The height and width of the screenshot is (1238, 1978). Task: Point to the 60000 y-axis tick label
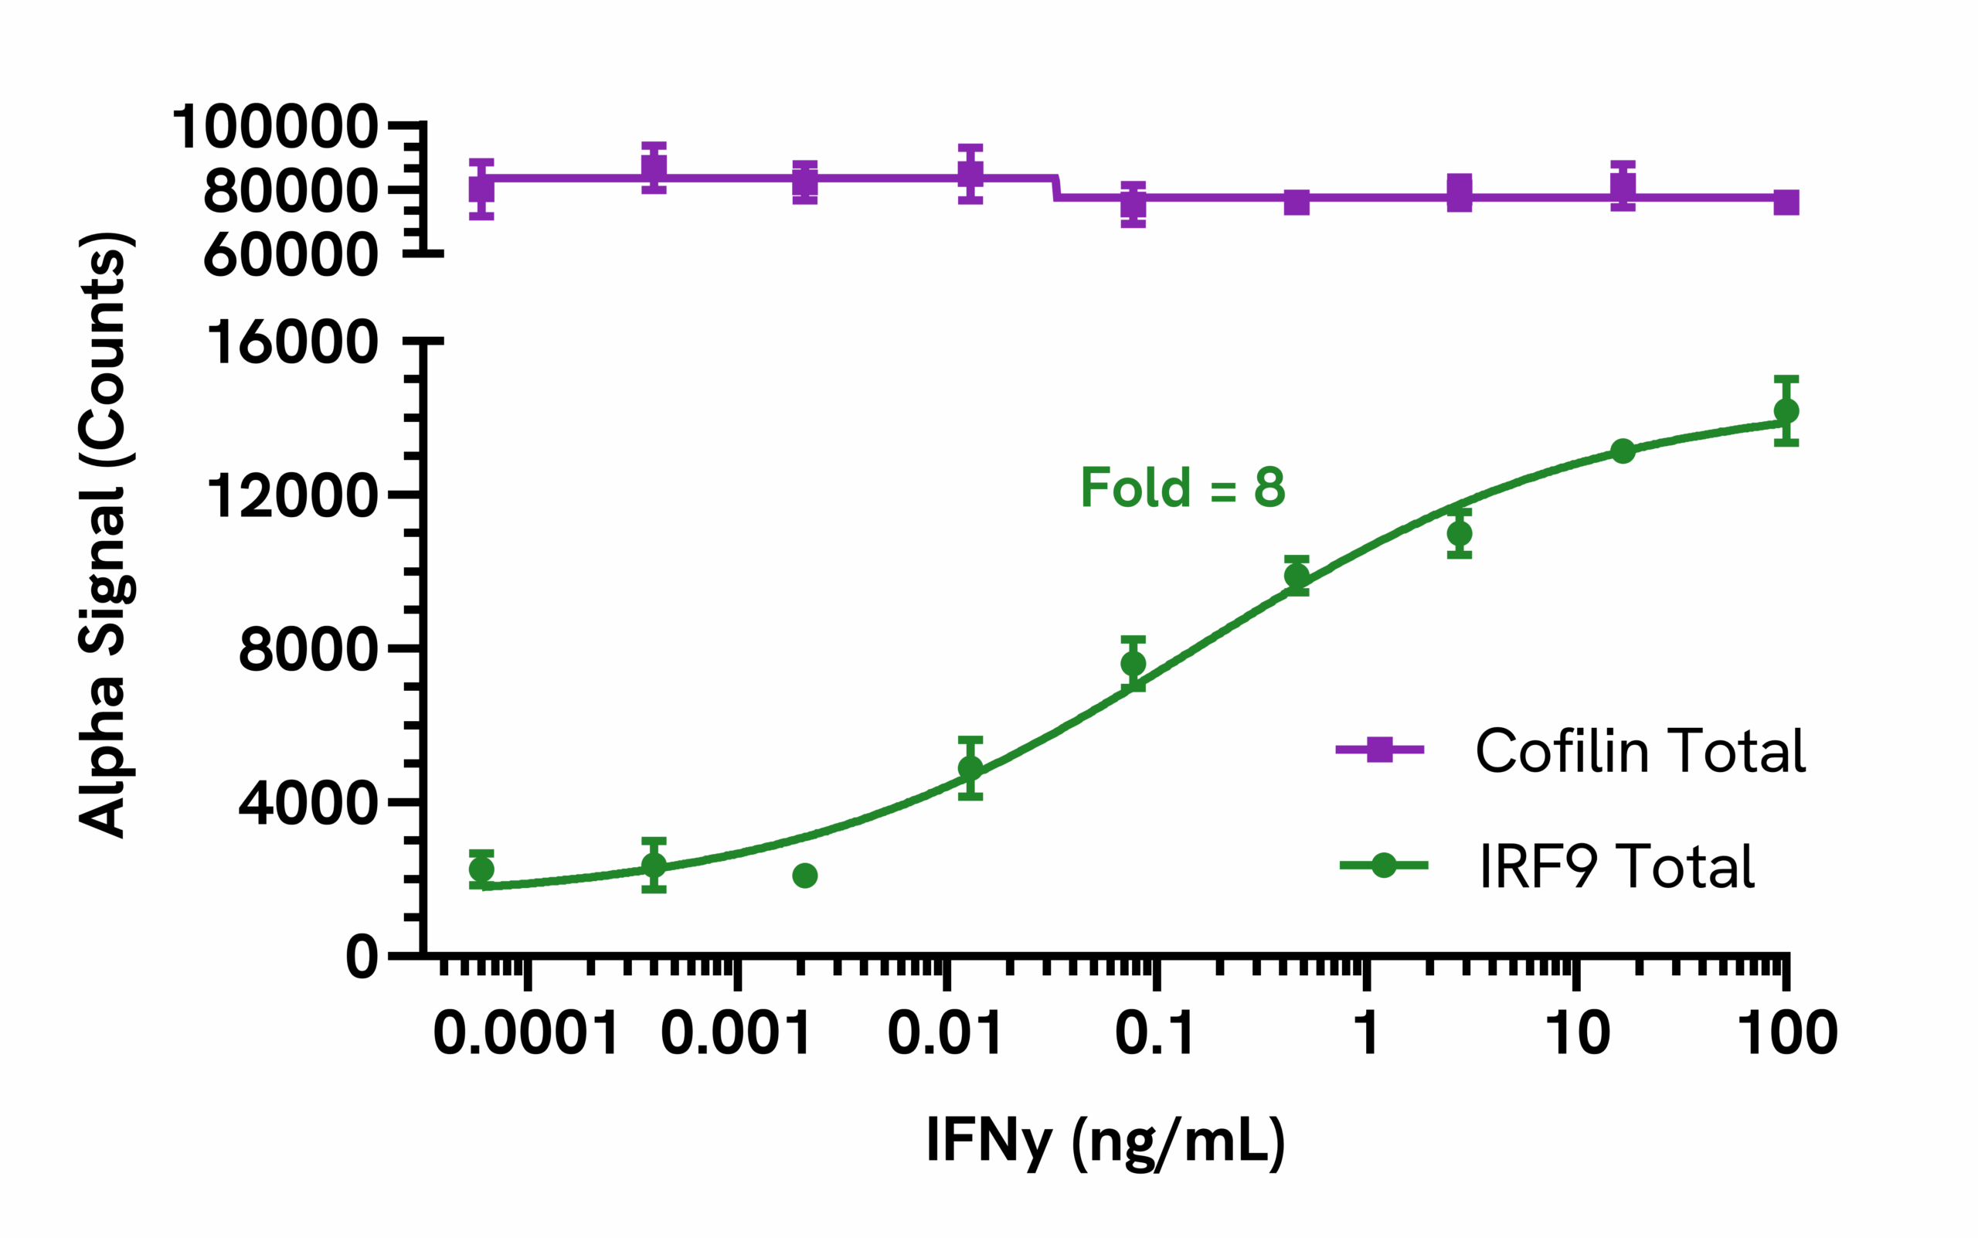click(291, 255)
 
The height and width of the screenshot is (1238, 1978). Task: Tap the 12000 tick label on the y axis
click(292, 495)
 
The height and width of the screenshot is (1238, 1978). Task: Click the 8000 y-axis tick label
click(308, 649)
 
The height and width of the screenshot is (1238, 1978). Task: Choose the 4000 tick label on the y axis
click(308, 803)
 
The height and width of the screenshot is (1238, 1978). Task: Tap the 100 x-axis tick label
click(1787, 1032)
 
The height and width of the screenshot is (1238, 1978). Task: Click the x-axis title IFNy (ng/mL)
click(1105, 1141)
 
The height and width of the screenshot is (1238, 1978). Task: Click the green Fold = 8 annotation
click(1183, 487)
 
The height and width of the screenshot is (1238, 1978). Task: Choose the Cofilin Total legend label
click(1640, 750)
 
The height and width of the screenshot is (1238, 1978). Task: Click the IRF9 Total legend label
click(1616, 866)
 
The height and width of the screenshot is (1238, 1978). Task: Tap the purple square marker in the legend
click(1379, 749)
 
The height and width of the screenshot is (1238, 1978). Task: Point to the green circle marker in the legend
click(1383, 865)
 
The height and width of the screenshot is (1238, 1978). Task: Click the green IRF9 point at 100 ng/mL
click(1786, 411)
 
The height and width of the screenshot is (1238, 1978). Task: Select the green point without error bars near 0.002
click(805, 876)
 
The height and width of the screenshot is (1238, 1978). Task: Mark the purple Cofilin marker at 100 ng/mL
click(1786, 202)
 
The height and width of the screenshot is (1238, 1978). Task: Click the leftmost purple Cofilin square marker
click(481, 189)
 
